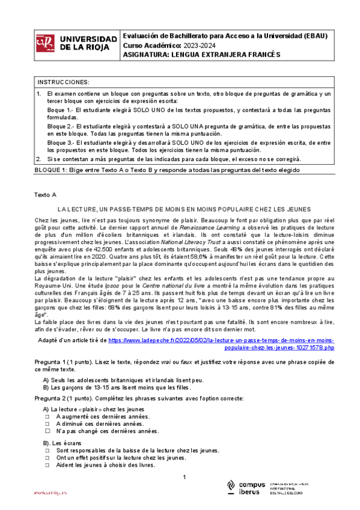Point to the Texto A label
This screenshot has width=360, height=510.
click(45, 195)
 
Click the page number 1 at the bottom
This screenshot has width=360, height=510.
click(185, 477)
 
